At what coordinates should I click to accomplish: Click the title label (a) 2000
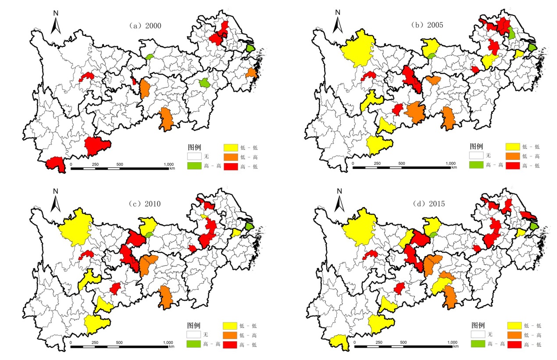coord(145,26)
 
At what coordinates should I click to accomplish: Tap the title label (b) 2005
coord(427,25)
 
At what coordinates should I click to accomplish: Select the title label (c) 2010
coord(145,203)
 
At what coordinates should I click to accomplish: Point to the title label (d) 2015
coord(428,203)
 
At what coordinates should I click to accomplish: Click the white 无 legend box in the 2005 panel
coord(475,156)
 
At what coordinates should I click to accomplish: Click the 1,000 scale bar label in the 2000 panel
coord(168,164)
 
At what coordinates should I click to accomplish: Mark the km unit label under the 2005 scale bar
coord(454,167)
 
